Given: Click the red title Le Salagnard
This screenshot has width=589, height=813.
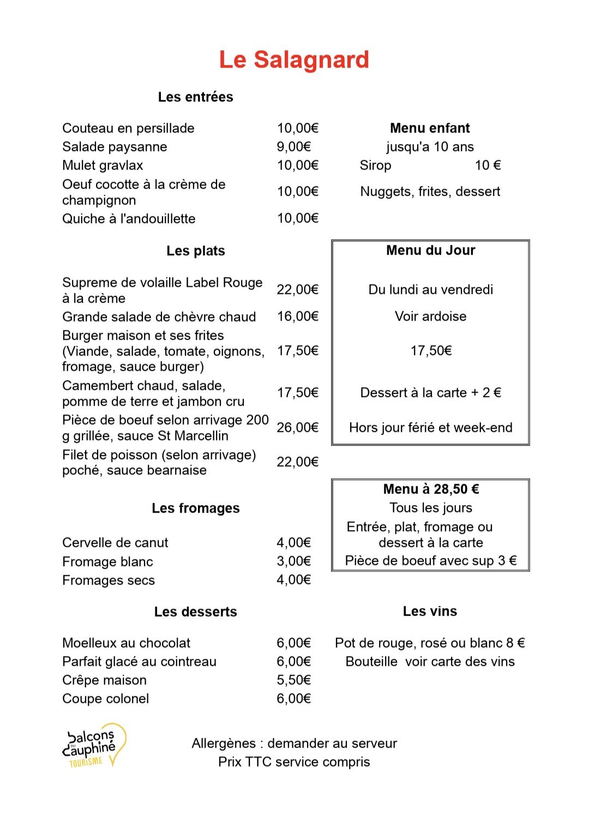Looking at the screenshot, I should click(294, 60).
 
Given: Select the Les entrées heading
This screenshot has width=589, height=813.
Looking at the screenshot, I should click(195, 97).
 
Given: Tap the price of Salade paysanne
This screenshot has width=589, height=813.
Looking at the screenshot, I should click(293, 147).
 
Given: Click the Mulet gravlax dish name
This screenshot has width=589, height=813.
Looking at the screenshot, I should click(103, 165).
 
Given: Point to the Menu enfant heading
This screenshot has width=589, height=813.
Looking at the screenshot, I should click(430, 128).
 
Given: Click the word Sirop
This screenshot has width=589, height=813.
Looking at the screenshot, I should click(375, 165).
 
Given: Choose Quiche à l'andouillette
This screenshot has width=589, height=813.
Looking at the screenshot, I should click(129, 219).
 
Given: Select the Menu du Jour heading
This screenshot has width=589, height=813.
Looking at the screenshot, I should click(430, 250).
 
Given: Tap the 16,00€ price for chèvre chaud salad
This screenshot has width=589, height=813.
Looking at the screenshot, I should click(297, 316).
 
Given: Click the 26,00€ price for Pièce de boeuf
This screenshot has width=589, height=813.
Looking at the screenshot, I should click(297, 427).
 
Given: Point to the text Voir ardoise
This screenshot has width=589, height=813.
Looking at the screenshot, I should click(430, 316).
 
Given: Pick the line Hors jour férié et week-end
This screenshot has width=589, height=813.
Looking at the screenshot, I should click(430, 427).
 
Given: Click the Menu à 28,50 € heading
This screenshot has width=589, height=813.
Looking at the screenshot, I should click(430, 489).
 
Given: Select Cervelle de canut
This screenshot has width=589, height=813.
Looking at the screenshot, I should click(115, 543).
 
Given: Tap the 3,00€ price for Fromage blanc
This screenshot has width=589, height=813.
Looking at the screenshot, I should click(293, 561).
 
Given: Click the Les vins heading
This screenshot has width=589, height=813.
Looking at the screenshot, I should click(430, 611).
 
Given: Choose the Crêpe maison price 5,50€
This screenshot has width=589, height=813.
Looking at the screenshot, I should click(293, 680).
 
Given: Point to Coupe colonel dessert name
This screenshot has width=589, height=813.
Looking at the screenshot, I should click(105, 698).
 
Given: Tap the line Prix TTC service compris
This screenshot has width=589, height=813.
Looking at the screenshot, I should click(294, 762).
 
